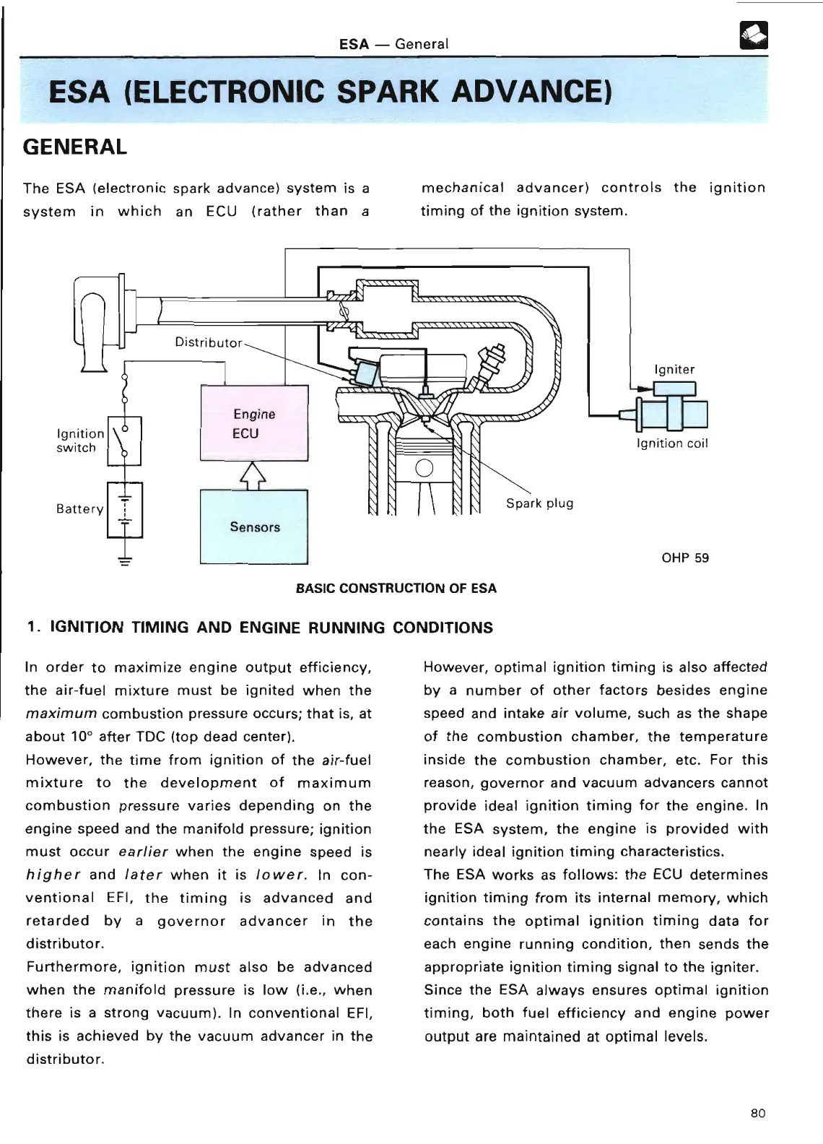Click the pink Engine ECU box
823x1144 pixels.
[x=254, y=423]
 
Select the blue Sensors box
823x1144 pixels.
[x=254, y=526]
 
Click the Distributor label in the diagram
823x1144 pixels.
[x=209, y=342]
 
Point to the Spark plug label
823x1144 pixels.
[x=539, y=503]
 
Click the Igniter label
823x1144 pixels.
[x=674, y=370]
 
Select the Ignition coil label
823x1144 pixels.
[x=672, y=443]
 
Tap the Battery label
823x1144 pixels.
[x=79, y=508]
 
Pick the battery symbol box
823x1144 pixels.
[x=125, y=509]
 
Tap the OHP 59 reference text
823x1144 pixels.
[x=685, y=558]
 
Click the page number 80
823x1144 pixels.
[x=757, y=1113]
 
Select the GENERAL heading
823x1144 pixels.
[x=75, y=147]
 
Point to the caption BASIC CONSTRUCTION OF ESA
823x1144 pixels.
[x=396, y=588]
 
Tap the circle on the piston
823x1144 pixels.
[x=424, y=468]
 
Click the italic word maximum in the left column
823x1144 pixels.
[x=61, y=714]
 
